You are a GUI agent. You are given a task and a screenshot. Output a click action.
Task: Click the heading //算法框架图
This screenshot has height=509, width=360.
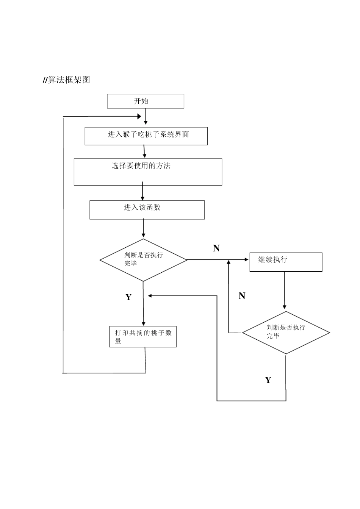66,80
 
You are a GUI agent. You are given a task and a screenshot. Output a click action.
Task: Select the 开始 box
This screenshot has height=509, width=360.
146,101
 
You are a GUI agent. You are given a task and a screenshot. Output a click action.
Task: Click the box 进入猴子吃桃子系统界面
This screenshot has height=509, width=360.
146,136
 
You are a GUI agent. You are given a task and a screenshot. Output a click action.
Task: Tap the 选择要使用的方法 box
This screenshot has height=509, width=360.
148,172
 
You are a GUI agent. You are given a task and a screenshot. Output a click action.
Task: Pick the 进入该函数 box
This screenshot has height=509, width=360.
147,210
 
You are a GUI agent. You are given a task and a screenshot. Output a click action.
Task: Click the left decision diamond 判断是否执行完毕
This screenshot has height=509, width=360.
143,260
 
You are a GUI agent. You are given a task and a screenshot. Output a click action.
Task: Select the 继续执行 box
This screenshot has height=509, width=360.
286,262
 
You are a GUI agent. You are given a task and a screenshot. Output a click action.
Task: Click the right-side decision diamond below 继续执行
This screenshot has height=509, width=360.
286,333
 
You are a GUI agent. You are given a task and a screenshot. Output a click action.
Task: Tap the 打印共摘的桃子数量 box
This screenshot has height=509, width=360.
143,336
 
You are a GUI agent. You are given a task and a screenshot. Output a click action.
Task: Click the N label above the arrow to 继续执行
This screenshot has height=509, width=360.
216,248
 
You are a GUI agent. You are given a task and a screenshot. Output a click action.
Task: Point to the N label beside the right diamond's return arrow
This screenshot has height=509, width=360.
242,296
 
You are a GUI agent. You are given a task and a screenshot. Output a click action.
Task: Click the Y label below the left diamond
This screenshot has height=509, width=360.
128,297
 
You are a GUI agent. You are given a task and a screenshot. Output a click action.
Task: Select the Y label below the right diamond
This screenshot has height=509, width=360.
268,380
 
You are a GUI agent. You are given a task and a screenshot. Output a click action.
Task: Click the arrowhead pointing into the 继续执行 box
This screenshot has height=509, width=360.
247,260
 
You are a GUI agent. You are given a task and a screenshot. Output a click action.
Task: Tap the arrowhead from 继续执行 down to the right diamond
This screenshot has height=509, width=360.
285,307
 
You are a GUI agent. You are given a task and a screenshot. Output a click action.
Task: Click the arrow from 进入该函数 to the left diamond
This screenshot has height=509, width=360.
143,229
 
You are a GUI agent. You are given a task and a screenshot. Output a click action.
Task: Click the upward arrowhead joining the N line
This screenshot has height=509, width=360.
229,262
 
